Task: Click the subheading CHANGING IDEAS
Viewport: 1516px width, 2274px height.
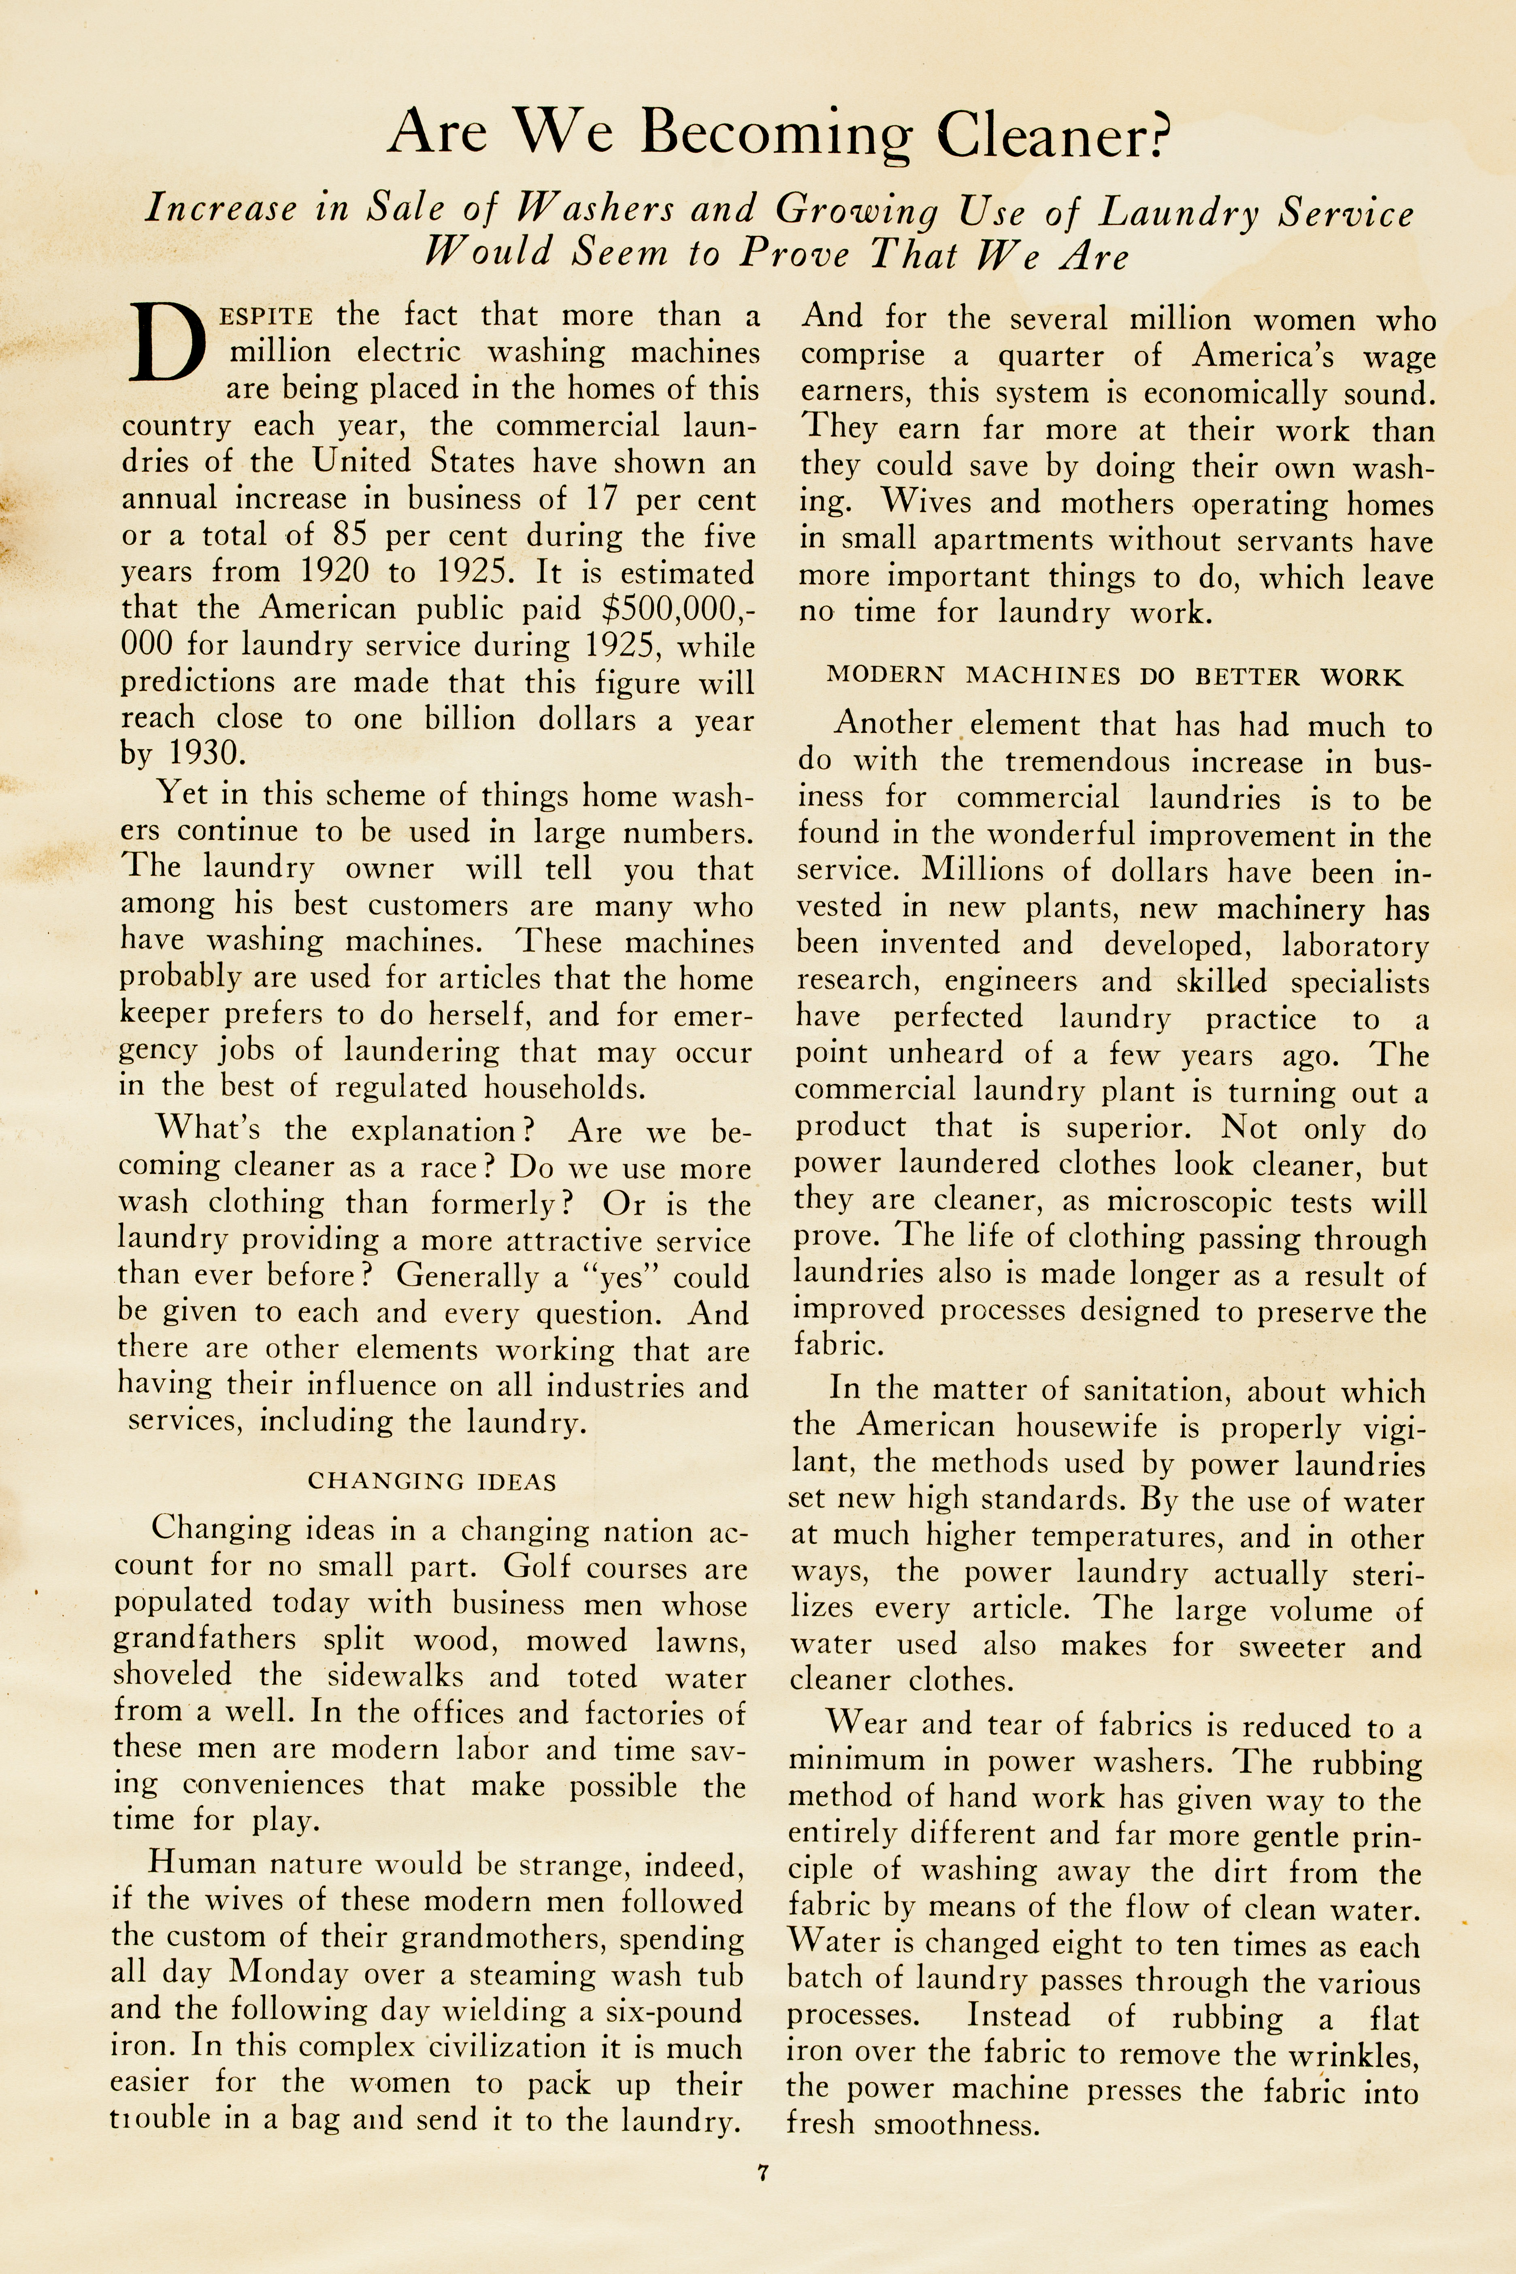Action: [x=431, y=1481]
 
